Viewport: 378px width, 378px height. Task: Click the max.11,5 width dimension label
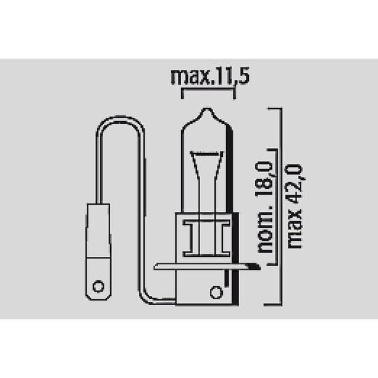coord(210,76)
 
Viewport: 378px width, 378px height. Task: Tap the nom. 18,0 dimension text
coord(265,207)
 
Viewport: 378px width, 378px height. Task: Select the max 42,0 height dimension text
coord(295,207)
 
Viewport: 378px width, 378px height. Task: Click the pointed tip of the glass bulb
coord(207,109)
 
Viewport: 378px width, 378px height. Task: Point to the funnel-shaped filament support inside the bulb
coord(207,166)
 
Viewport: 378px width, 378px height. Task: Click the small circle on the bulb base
coord(216,293)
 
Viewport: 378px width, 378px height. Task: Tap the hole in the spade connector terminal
coord(98,287)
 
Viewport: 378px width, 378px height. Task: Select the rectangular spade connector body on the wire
coord(98,252)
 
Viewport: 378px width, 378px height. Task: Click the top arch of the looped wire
coord(120,119)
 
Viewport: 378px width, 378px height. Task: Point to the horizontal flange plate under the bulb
coord(207,267)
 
